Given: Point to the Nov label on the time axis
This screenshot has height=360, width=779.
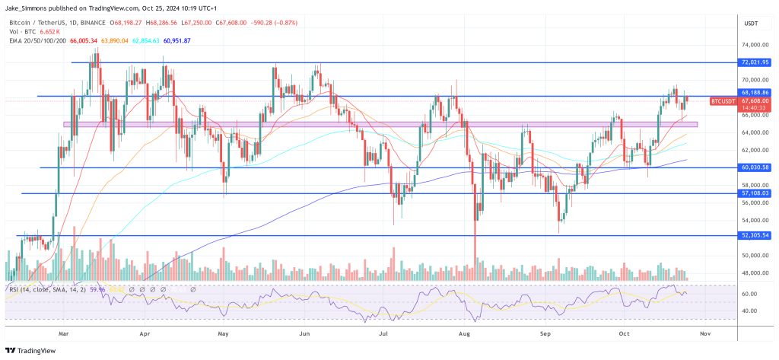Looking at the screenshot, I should (704, 333).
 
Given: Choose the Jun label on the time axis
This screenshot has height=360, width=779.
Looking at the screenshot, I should (305, 333).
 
